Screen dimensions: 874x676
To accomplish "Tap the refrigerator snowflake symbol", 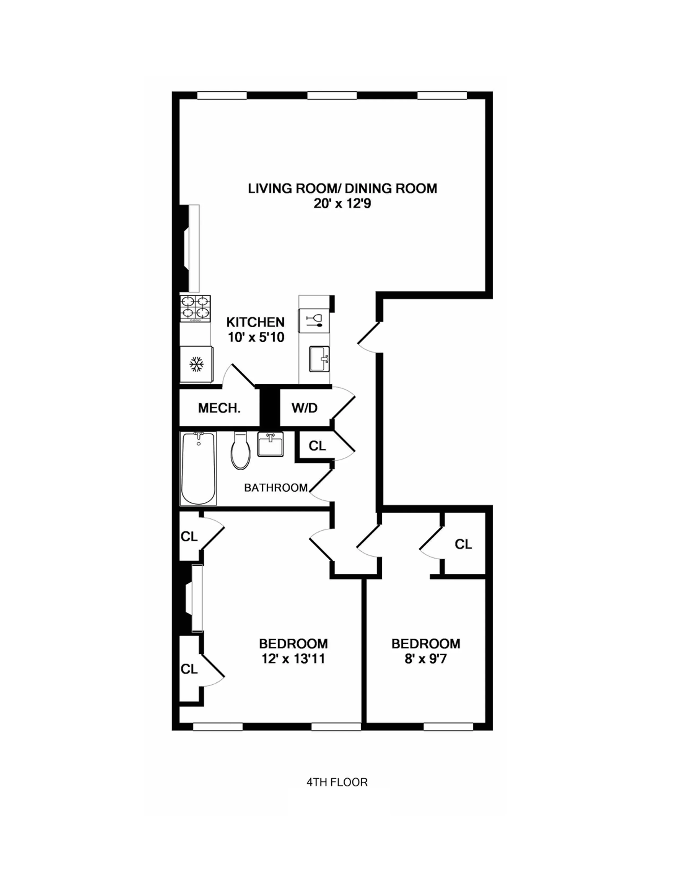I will click(196, 365).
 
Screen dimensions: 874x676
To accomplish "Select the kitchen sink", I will click(319, 359).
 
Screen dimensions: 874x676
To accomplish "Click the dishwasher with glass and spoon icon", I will click(314, 320).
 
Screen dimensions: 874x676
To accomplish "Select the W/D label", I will click(304, 408).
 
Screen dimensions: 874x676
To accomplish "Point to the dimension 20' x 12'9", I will click(343, 204).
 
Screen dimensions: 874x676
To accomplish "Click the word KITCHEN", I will click(256, 322).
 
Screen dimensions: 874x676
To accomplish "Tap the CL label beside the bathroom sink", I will click(317, 446).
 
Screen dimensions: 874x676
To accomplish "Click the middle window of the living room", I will click(332, 95).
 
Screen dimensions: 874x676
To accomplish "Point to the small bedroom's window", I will click(448, 726).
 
